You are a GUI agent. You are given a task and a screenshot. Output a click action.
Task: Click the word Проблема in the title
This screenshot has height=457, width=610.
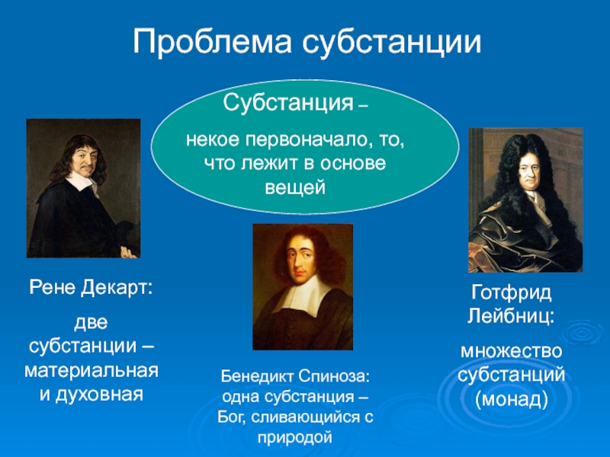pos(212,42)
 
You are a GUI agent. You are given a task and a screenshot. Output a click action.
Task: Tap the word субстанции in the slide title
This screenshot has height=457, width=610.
pos(392,41)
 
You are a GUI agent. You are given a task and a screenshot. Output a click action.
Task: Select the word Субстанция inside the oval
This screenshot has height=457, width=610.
pos(288,104)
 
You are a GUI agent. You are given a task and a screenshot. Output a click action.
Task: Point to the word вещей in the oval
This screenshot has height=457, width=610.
pos(295,187)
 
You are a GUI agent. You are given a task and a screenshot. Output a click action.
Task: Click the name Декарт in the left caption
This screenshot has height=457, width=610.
pos(117,288)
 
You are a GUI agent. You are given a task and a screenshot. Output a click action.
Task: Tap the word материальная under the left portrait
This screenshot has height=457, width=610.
pos(91,371)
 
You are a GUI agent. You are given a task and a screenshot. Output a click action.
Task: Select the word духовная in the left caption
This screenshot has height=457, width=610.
pos(100,395)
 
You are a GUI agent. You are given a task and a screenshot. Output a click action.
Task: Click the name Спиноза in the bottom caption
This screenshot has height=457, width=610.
pos(335,376)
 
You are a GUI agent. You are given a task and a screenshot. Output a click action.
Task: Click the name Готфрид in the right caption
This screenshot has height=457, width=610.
pos(511,293)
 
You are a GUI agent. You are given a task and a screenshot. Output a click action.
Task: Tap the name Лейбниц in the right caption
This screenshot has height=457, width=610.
pos(511,316)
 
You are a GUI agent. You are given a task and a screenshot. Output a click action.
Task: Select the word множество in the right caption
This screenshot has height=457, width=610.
pos(511,352)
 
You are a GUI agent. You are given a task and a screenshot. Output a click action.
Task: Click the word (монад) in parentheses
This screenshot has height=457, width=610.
pos(511,399)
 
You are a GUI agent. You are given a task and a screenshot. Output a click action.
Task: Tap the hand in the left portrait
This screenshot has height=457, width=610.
pos(129,253)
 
